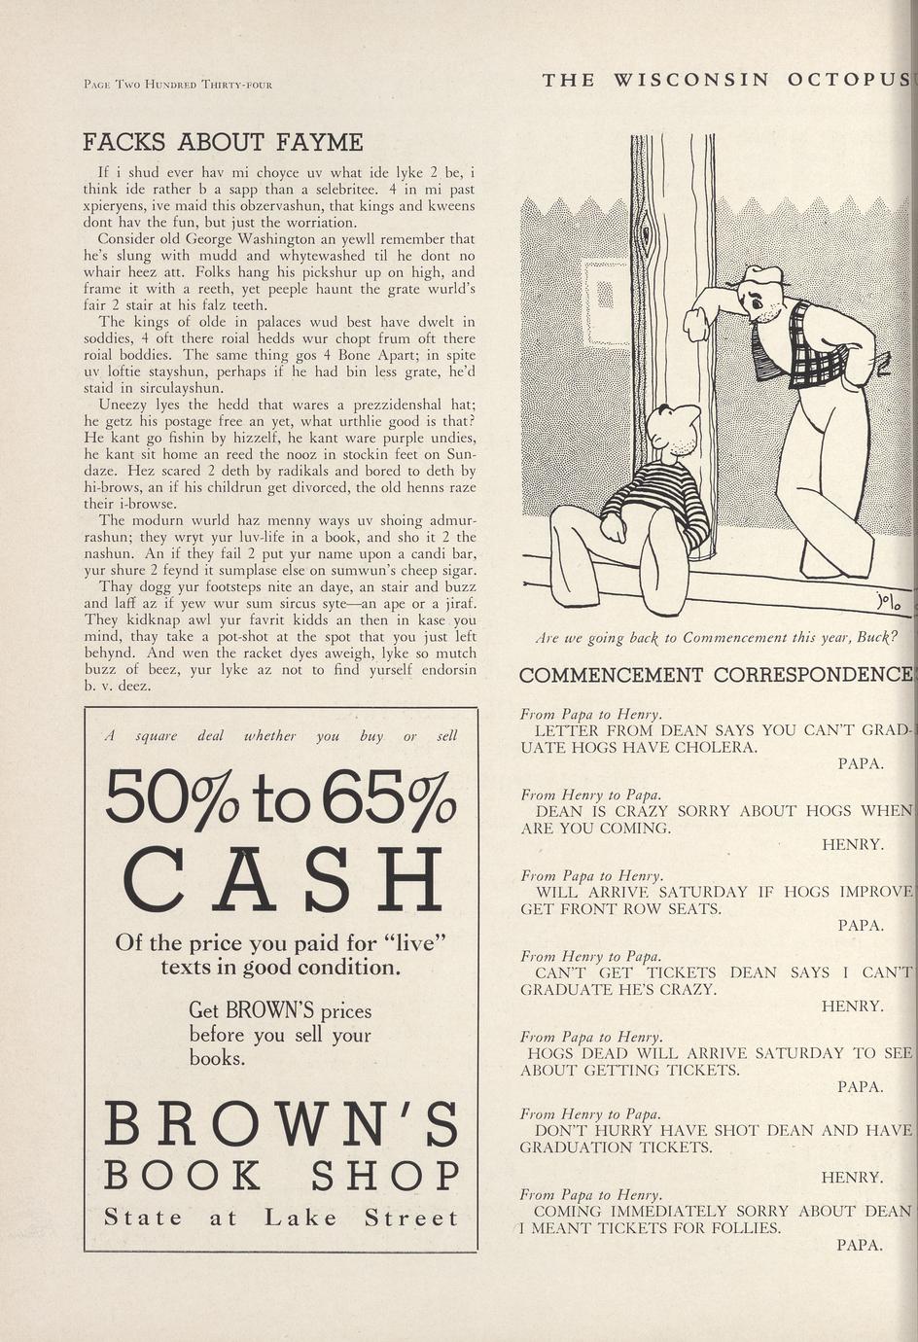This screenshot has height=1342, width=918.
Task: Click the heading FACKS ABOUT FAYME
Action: (x=223, y=142)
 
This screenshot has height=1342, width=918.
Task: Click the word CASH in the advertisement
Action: (x=283, y=880)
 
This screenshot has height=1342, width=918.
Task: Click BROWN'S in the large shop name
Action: (x=281, y=1123)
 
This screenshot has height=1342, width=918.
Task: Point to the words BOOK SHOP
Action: (x=281, y=1176)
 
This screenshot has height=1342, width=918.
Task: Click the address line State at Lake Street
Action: (x=281, y=1218)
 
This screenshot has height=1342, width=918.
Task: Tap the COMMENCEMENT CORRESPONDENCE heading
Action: (x=715, y=675)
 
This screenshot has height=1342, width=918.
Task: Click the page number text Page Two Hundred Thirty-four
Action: (x=177, y=84)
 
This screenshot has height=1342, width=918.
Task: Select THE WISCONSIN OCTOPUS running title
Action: (x=725, y=81)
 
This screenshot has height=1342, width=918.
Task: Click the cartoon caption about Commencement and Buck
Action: (x=716, y=638)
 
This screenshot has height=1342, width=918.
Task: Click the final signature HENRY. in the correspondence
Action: (x=852, y=1178)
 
